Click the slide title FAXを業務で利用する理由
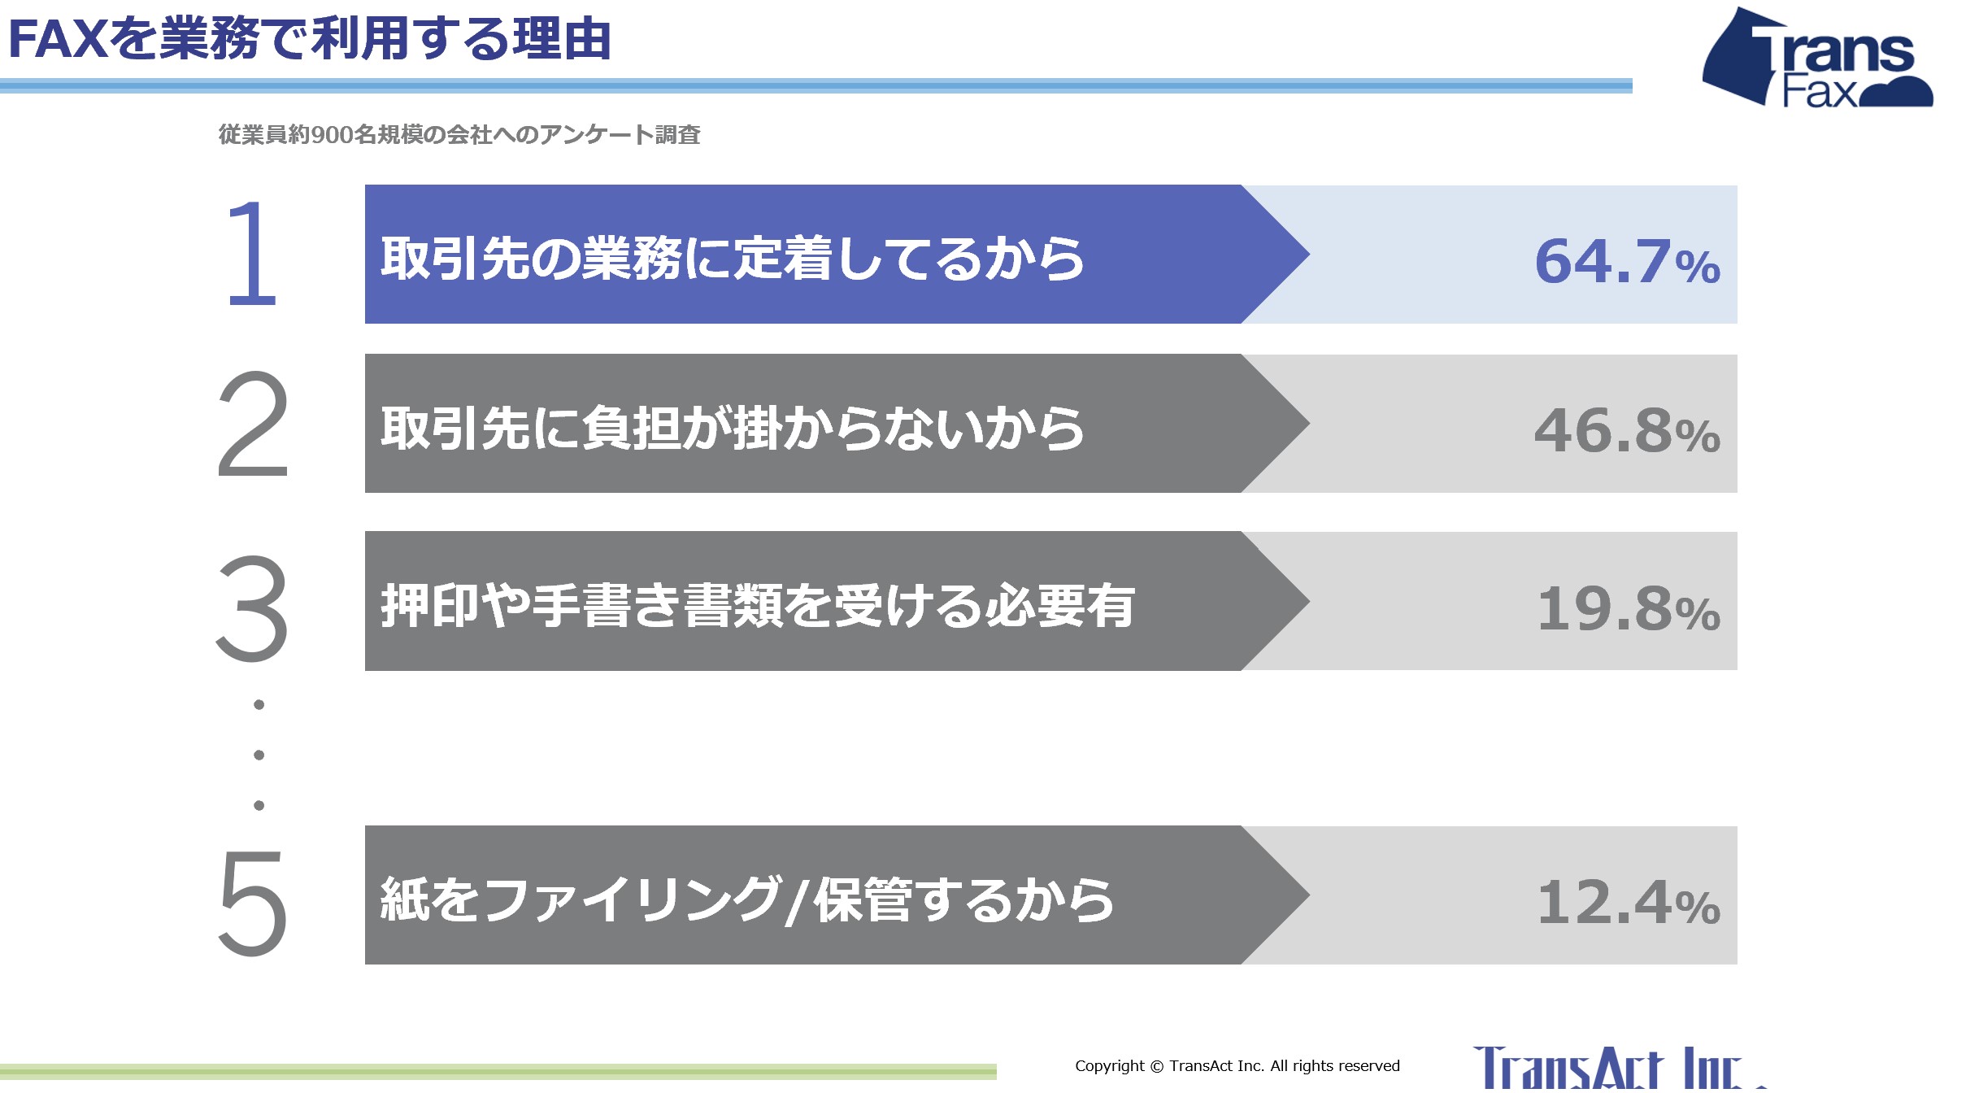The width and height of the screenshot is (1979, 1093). point(310,38)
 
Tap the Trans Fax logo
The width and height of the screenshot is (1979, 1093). point(1818,58)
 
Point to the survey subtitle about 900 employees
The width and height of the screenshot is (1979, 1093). point(459,134)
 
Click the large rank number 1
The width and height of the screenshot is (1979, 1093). point(253,254)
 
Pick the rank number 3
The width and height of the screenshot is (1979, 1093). point(252,607)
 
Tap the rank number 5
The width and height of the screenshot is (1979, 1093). point(253,902)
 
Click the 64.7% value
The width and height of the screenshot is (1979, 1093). point(1628,262)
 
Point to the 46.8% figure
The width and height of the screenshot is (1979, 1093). point(1628,431)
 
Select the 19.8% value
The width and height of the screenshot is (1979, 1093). point(1629,608)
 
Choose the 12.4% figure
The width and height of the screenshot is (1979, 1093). point(1629,903)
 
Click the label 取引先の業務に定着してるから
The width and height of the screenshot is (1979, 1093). point(733,259)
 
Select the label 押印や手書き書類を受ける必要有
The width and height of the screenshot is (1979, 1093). point(758,606)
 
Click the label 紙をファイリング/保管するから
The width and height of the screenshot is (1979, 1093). point(747,900)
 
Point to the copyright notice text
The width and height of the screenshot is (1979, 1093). point(1237,1065)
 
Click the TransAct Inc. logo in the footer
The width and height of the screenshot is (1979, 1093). point(1618,1069)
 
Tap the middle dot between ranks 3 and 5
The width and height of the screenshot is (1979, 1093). point(259,755)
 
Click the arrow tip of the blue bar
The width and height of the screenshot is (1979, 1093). point(1309,254)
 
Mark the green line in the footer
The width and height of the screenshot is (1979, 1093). point(498,1071)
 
